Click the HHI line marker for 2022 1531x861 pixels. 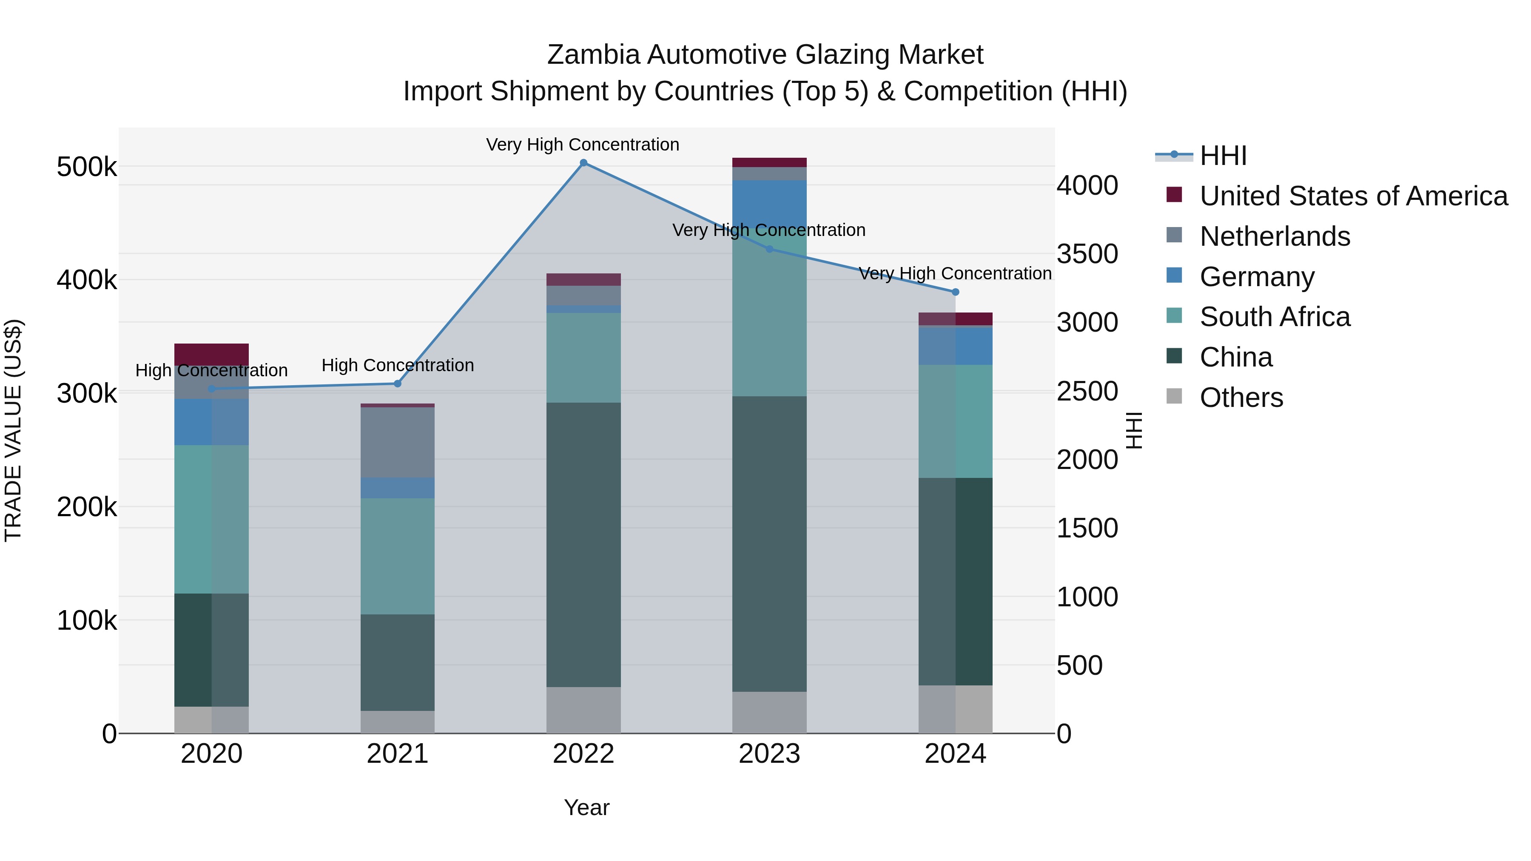coord(583,163)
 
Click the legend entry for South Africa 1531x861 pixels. coord(1275,317)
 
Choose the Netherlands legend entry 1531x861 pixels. coord(1275,236)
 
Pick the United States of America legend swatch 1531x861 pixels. coord(1174,195)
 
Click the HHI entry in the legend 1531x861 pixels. coord(1223,156)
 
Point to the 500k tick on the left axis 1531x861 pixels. coord(87,167)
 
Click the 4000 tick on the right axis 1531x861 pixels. coord(1087,185)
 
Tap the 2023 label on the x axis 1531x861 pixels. coord(769,754)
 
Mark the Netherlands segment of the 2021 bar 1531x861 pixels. coord(398,442)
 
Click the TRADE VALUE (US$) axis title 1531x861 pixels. coord(13,430)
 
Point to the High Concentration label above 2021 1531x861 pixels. coord(398,365)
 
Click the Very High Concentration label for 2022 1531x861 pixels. coord(583,145)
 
